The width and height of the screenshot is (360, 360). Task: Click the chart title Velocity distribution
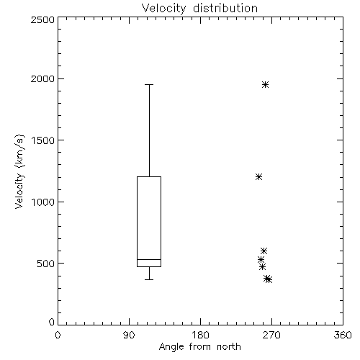[199, 9]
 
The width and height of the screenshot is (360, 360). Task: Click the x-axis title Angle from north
[199, 347]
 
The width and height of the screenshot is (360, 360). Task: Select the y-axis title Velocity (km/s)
[19, 171]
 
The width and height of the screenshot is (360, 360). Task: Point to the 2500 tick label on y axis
[42, 19]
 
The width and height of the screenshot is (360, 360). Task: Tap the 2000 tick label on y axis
[42, 78]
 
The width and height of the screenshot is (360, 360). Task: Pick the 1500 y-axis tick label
[43, 140]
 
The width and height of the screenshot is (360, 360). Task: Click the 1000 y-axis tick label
[43, 202]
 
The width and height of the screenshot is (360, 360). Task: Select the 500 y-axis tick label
[46, 264]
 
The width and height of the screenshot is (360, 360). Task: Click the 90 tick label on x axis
[129, 335]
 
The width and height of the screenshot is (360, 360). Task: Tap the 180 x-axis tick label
[200, 335]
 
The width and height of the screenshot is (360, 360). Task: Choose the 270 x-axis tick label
[271, 335]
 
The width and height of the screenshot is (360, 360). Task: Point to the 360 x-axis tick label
[343, 335]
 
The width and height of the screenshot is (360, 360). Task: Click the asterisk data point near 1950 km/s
[265, 84]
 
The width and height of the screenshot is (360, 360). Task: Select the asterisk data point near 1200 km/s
[258, 177]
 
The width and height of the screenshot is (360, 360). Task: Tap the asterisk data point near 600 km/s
[264, 251]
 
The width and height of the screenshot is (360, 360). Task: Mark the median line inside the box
[149, 259]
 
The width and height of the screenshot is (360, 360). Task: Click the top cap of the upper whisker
[149, 84]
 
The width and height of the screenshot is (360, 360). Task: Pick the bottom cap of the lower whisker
[149, 279]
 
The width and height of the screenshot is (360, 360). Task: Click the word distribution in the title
[225, 9]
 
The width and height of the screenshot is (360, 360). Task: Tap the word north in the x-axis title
[229, 347]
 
